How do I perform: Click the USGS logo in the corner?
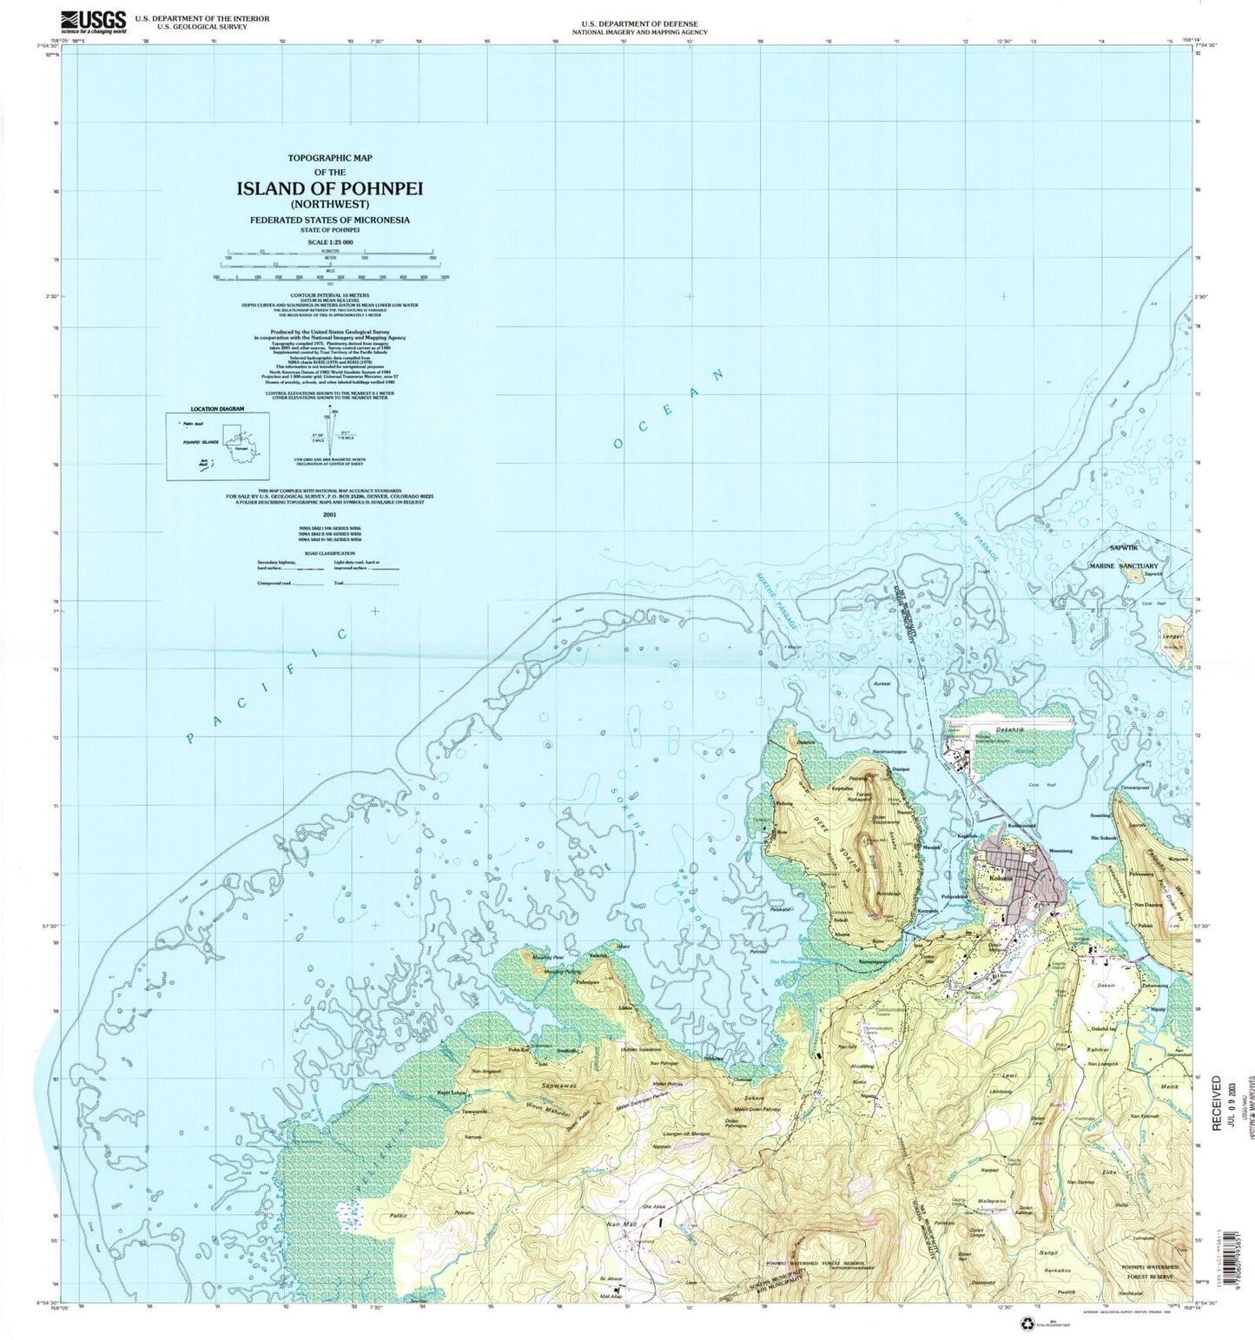(92, 21)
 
